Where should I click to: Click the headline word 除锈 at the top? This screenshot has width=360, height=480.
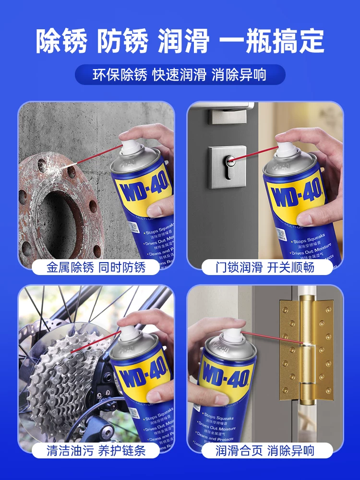62,41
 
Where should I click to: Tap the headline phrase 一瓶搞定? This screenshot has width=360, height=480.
272,41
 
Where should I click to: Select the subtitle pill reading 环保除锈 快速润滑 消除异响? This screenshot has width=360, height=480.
180,75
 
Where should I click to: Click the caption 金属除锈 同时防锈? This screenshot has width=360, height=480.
96,267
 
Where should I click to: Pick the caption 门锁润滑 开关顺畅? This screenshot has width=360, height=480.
265,267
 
